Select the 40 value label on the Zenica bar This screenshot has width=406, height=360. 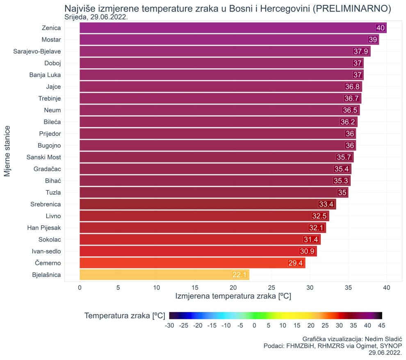click(x=381, y=28)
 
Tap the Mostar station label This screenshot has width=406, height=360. click(x=51, y=40)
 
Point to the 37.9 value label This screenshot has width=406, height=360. click(x=361, y=51)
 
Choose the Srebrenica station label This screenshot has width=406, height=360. click(x=46, y=204)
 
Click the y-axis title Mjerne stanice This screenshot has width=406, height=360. click(x=7, y=151)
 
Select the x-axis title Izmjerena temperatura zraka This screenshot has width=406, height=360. click(x=233, y=296)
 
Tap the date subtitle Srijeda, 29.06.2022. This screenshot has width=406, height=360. click(x=96, y=17)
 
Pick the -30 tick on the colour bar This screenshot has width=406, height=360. click(x=169, y=326)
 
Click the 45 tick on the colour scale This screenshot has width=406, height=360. click(x=382, y=326)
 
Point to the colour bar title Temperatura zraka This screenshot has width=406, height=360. click(x=125, y=316)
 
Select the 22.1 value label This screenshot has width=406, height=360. click(x=239, y=275)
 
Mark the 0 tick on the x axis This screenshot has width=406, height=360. click(x=80, y=288)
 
